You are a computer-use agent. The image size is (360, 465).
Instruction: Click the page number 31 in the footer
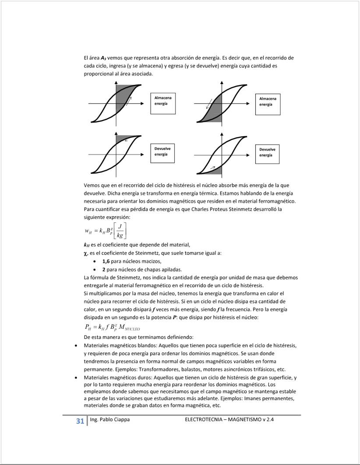point(80,421)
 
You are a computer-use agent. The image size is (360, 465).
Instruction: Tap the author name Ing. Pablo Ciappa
point(109,419)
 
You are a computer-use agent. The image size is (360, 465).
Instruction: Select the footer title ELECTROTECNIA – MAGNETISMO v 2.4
point(232,419)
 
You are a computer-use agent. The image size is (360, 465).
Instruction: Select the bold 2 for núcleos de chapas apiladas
point(103,269)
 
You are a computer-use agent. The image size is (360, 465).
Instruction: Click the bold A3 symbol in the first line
point(103,58)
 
